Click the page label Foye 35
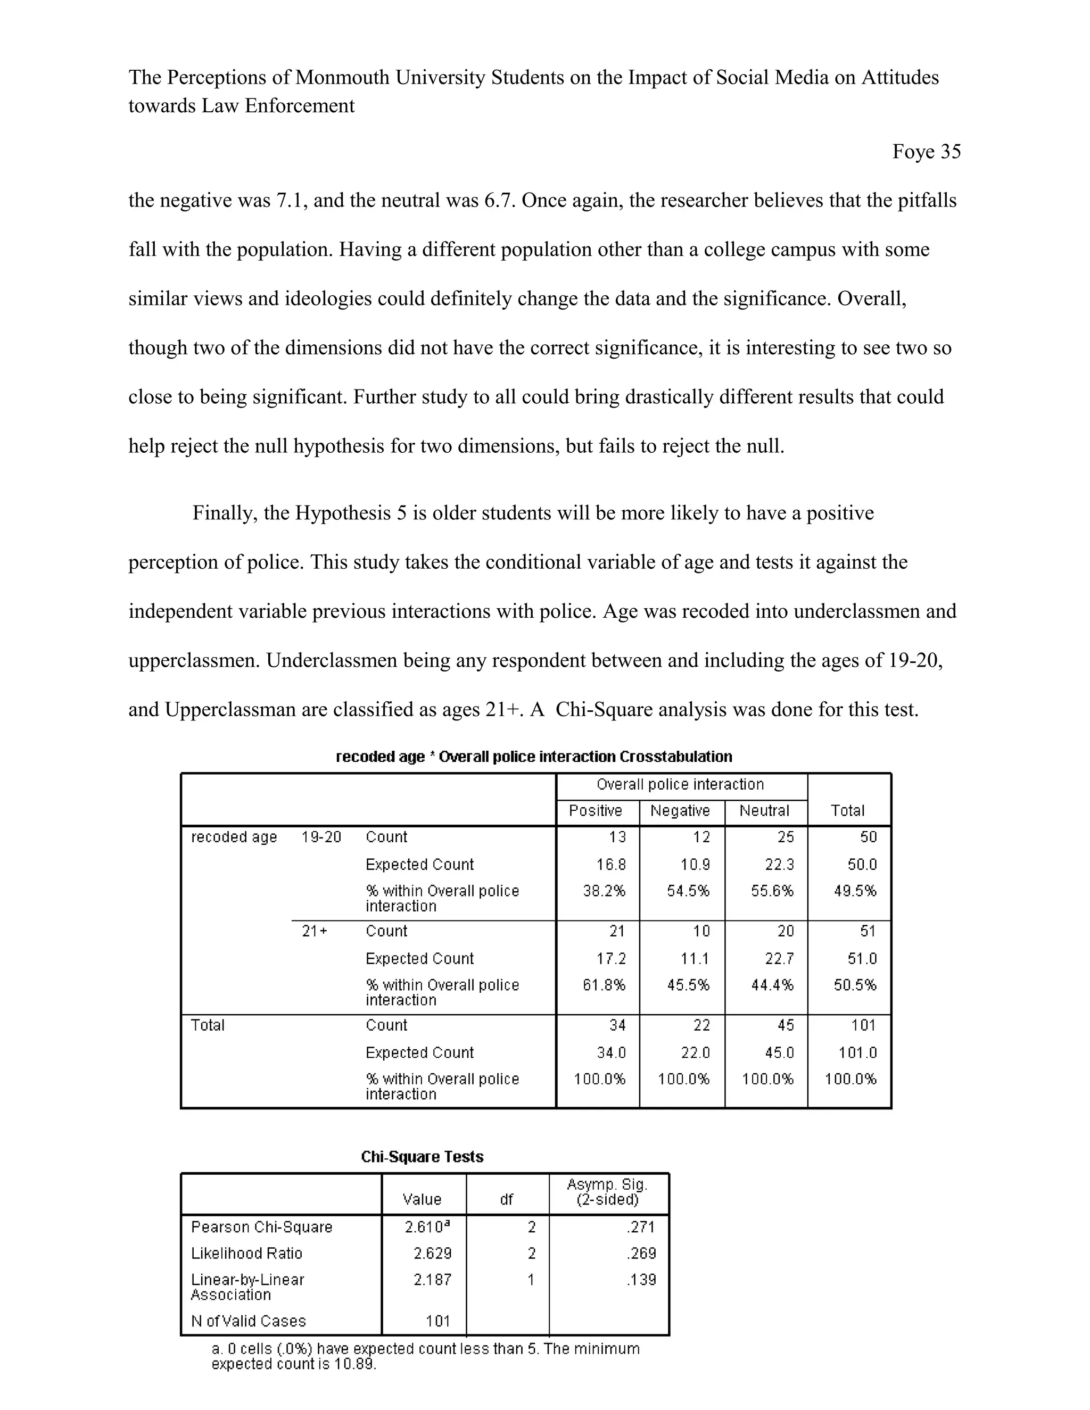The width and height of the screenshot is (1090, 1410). [926, 152]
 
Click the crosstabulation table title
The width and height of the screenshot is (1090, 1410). [534, 757]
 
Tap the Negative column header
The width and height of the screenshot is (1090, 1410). [680, 811]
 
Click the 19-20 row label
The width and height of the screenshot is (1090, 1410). [321, 837]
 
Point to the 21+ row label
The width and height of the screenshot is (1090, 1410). [315, 932]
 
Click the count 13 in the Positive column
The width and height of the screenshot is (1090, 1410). [617, 837]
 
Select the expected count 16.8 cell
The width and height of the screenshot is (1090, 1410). [611, 865]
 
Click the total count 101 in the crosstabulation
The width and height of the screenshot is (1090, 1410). [863, 1025]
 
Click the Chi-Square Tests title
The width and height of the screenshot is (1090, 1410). [422, 1157]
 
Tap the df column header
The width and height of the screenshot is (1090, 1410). [506, 1199]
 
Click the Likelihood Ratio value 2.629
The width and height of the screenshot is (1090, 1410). [432, 1254]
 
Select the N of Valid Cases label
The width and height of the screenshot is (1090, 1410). [248, 1322]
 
